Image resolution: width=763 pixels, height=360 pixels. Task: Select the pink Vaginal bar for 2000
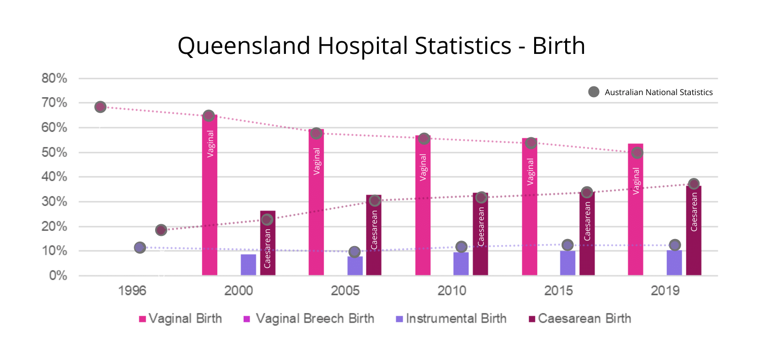tap(210, 203)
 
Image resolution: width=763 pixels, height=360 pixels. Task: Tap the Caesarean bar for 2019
tap(693, 234)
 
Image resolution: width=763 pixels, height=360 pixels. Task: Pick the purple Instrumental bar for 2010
tap(461, 264)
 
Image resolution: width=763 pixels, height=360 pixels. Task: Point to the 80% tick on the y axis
tap(54, 78)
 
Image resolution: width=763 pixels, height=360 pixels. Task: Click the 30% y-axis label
tap(54, 202)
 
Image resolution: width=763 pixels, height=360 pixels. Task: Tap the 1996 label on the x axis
tap(132, 291)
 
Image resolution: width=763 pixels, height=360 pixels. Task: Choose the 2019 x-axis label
tap(665, 291)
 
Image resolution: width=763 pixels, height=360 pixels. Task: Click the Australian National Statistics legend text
tap(658, 93)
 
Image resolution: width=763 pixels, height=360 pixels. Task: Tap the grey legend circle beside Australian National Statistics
tap(594, 92)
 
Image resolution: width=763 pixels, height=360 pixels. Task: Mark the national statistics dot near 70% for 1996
tap(100, 107)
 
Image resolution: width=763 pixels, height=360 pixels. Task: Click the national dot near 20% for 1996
tap(161, 230)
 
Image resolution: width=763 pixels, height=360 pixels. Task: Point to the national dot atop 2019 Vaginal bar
tap(637, 153)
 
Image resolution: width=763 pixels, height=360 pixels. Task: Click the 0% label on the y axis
tap(57, 276)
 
